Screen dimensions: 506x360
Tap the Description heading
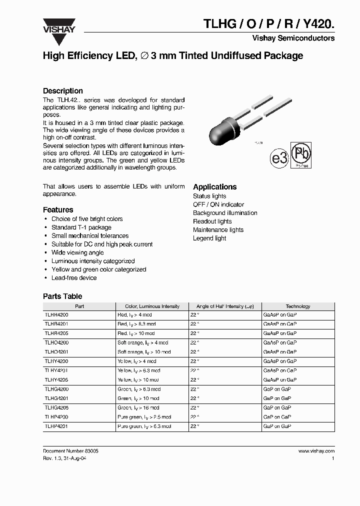coord(62,91)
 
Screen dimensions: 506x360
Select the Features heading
coord(58,210)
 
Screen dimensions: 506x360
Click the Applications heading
coord(214,187)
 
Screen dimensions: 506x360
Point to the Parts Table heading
coord(62,296)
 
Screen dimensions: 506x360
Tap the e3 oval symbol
coord(279,158)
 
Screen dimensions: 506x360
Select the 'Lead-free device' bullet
coord(74,278)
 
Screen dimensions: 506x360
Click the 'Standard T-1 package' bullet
coord(81,227)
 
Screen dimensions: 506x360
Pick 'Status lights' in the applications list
coord(209,196)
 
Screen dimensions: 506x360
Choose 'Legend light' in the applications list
coord(209,238)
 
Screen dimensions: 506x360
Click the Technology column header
coord(297,306)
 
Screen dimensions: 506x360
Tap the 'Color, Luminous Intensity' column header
coord(152,306)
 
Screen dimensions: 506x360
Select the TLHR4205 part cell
coord(56,333)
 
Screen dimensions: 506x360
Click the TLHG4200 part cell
coord(56,389)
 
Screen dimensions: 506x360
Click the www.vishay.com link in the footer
coord(316,451)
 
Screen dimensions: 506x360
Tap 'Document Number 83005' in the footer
coord(70,451)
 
